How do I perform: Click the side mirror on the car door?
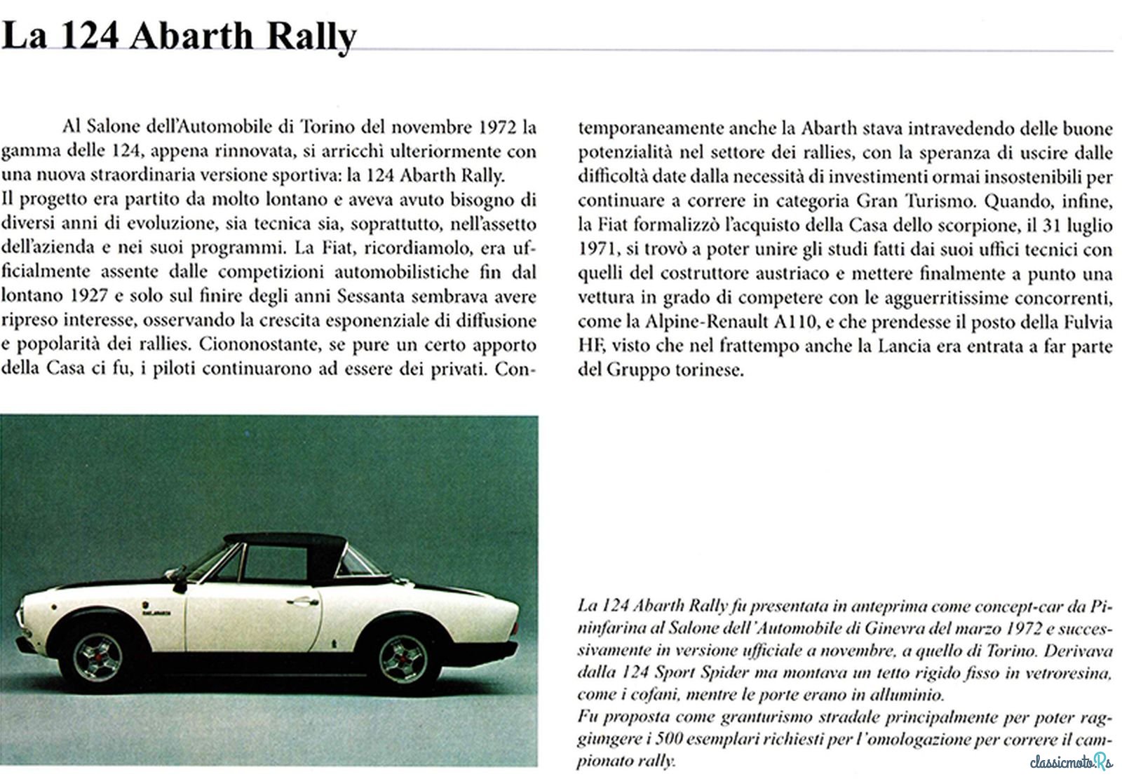click(180, 584)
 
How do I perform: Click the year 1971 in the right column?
click(595, 250)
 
